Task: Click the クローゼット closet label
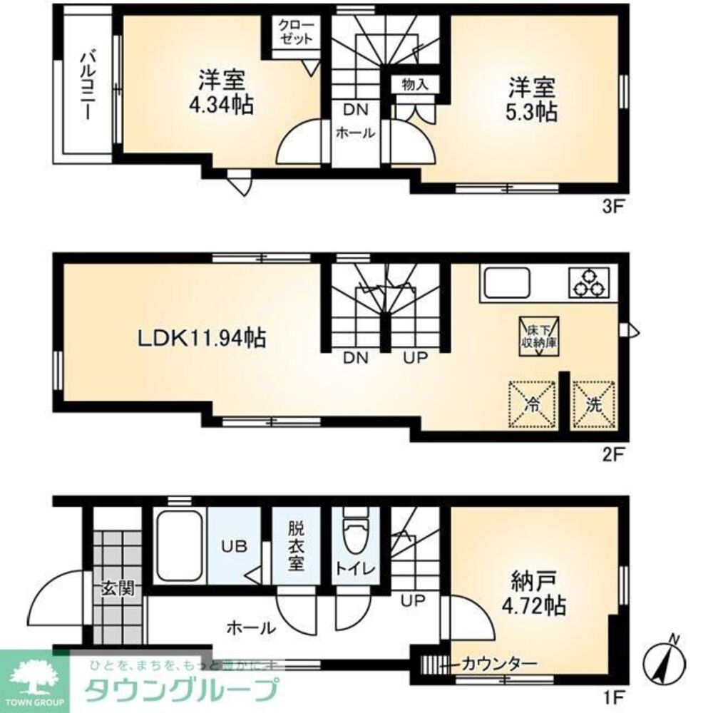(294, 33)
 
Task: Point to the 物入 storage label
(414, 84)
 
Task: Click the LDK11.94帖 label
(202, 337)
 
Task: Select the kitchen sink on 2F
(507, 284)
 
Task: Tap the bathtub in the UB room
(179, 545)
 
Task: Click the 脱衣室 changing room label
(297, 545)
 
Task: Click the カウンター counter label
(498, 663)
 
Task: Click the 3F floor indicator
(614, 207)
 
